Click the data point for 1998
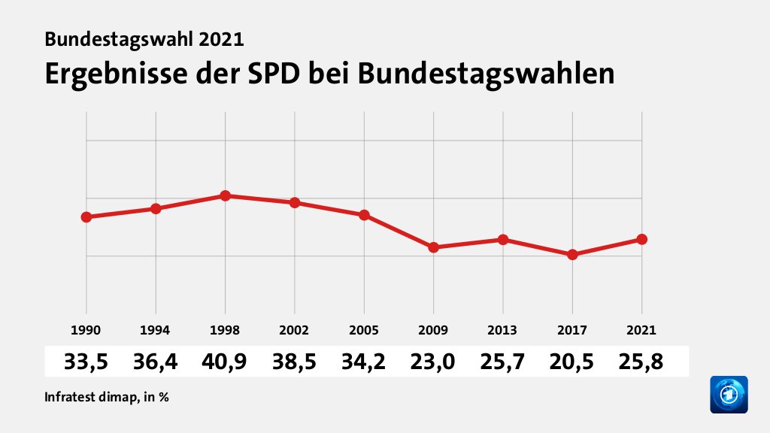[225, 195]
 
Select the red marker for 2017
[572, 255]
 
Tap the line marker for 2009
[433, 247]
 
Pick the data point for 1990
[86, 217]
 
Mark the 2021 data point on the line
[641, 239]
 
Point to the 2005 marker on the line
[364, 215]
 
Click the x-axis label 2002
[295, 330]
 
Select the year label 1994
[156, 330]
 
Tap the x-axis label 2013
[502, 330]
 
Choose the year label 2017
[572, 330]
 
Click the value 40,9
[225, 362]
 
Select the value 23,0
[433, 362]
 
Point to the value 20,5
[572, 362]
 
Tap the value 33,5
[86, 362]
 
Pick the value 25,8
[641, 362]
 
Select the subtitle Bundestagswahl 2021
[144, 39]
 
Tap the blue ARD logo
[729, 395]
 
